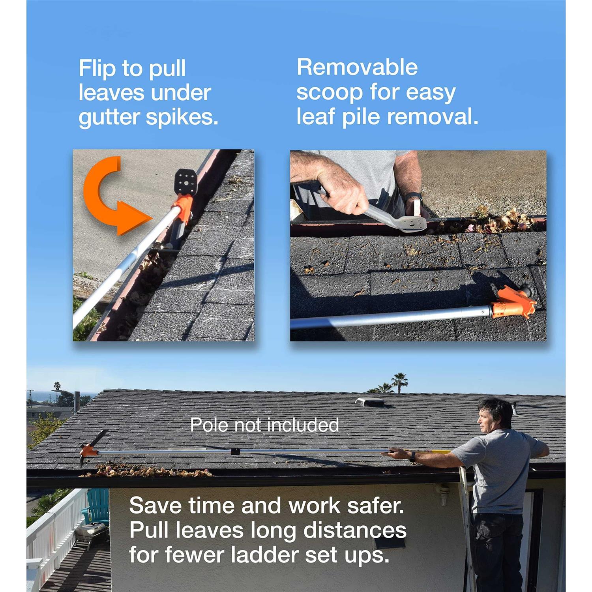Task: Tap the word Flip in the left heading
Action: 97,68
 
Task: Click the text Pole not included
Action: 264,425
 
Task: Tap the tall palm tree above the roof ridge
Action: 400,381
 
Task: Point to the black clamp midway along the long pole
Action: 235,451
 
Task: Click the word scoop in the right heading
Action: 329,92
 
